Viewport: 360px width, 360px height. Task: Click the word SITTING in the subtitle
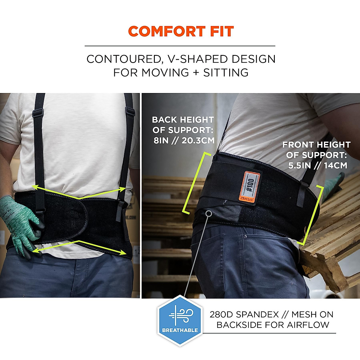click(226, 73)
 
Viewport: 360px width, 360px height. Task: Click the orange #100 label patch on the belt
click(250, 186)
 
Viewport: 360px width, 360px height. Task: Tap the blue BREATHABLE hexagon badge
click(180, 320)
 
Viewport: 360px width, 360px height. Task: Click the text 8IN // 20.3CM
click(184, 140)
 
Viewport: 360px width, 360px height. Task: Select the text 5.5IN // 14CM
click(317, 165)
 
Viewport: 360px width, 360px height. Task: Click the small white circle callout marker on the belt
click(209, 213)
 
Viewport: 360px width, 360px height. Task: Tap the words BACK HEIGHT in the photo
click(183, 120)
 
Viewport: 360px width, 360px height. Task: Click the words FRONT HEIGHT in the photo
click(316, 145)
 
